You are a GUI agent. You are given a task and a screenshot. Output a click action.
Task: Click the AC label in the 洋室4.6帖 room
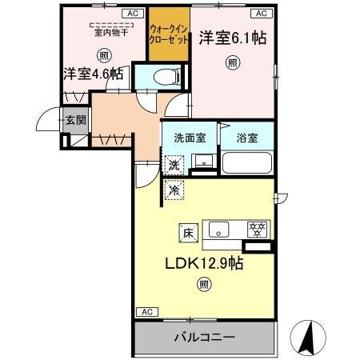tap(130, 14)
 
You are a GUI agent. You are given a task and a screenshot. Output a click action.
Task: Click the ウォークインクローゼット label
tap(168, 33)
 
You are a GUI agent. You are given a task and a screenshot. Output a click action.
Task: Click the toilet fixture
tap(160, 77)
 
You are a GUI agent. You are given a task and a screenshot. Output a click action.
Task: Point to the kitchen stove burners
tap(258, 228)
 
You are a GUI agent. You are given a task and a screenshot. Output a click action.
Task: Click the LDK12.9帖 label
tap(204, 262)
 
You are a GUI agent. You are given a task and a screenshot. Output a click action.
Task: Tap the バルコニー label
tap(204, 337)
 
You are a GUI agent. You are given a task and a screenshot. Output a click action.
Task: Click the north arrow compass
tap(308, 337)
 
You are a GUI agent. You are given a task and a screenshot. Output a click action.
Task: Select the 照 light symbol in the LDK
tap(204, 283)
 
